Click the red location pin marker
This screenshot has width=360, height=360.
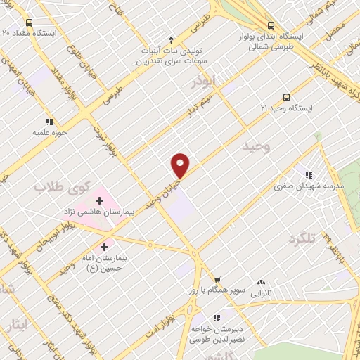(x=181, y=165)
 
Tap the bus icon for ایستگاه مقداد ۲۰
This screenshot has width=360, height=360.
(x=6, y=32)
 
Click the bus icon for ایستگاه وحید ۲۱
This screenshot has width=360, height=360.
(x=285, y=97)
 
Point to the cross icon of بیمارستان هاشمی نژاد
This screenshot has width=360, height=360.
(x=99, y=200)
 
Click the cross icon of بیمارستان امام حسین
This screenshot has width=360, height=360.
(x=105, y=247)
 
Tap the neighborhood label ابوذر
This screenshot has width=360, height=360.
(x=205, y=83)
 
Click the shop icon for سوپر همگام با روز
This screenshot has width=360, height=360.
(x=217, y=279)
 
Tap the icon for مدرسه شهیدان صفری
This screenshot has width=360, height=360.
(x=308, y=175)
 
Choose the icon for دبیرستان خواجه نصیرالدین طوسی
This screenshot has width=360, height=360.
(x=215, y=317)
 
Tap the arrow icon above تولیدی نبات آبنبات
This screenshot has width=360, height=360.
(x=171, y=39)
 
